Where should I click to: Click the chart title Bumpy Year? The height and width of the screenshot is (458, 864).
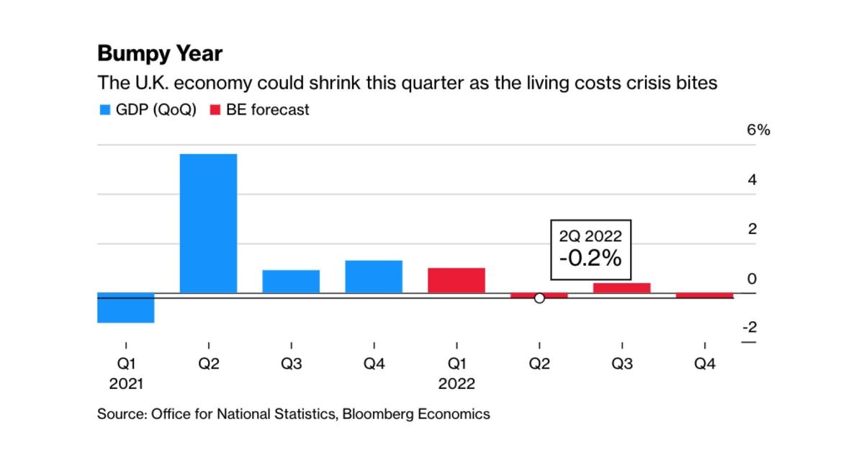point(160,54)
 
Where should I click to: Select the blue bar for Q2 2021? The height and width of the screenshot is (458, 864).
point(208,223)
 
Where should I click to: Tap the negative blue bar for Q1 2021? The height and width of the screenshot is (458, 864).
point(126,308)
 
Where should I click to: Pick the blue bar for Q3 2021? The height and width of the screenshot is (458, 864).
point(291,282)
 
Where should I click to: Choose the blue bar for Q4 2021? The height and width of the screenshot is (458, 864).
point(374,277)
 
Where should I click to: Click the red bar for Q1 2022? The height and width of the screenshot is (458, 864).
point(456,280)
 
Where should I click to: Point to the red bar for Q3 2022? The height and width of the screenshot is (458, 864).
point(622,288)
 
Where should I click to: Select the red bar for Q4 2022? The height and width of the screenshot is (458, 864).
point(705,295)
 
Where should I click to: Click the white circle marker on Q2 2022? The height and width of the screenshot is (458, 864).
point(539,298)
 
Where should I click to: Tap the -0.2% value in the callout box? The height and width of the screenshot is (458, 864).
point(590,259)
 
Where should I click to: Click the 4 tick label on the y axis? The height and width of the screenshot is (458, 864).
point(752,180)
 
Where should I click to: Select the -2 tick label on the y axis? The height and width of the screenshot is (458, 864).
point(750,328)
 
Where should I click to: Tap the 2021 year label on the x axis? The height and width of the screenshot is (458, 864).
point(126,384)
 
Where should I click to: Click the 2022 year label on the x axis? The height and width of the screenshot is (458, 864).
point(456,384)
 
